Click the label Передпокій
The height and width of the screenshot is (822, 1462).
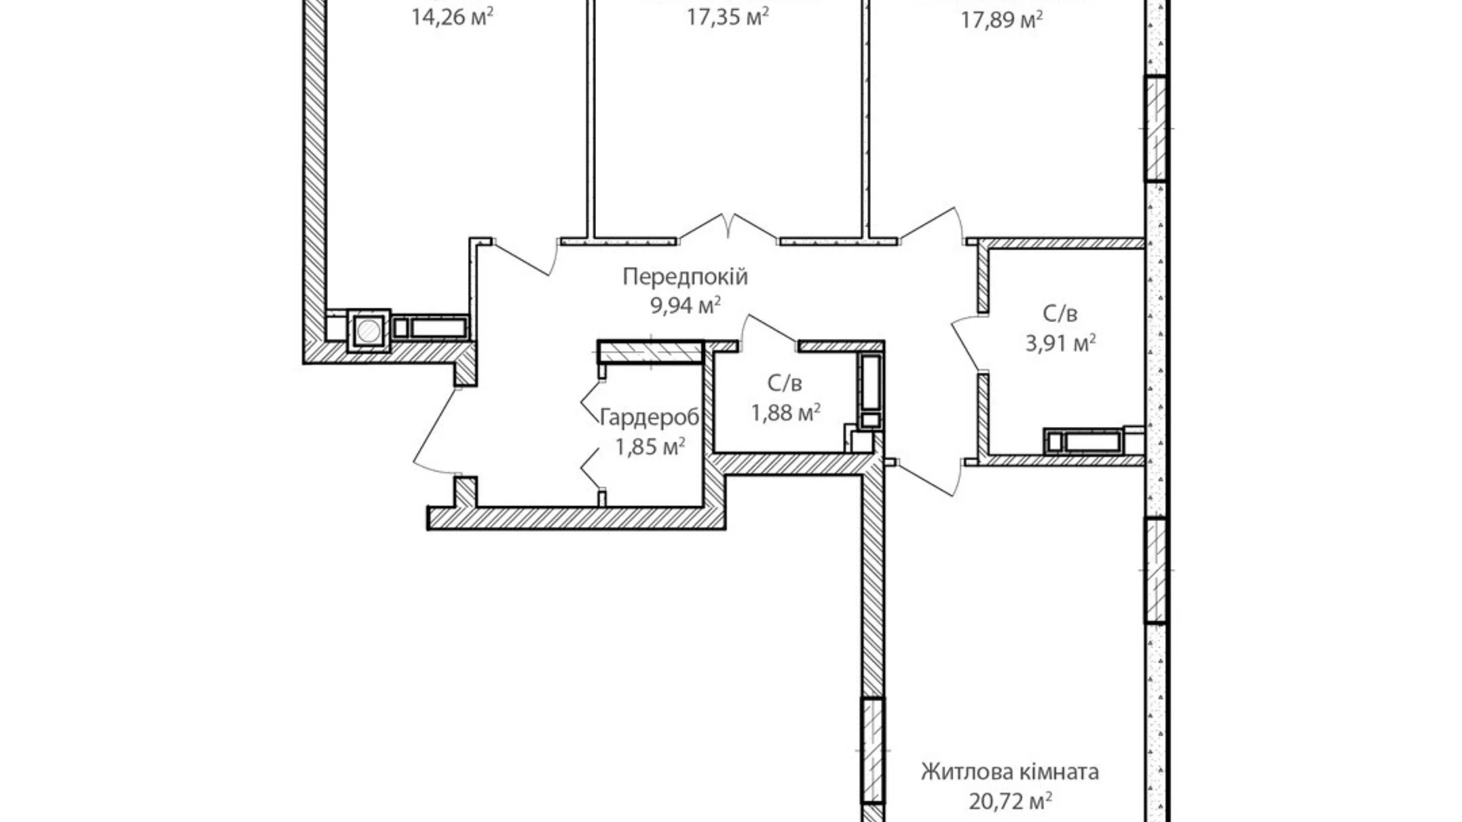[684, 277]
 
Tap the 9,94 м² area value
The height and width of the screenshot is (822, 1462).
[684, 305]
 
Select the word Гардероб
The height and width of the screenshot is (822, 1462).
[650, 417]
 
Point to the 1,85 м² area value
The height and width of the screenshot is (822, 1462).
[650, 447]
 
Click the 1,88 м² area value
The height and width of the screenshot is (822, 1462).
[785, 412]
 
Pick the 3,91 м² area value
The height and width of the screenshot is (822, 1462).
[1060, 343]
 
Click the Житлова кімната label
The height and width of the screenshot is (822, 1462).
[1009, 771]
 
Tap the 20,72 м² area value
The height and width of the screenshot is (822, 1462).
[1009, 801]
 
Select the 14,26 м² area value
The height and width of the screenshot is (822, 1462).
[452, 17]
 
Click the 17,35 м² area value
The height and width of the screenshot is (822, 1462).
[727, 17]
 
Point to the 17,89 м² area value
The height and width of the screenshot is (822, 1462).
[1001, 18]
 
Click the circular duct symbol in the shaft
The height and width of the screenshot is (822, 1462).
[367, 330]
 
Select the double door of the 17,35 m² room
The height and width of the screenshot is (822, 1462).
[728, 224]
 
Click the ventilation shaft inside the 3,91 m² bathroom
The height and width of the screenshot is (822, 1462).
[1084, 441]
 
